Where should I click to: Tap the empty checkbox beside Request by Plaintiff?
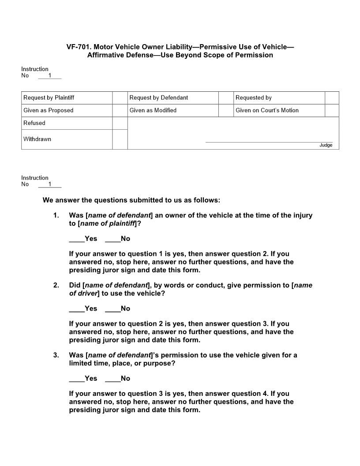click(120, 98)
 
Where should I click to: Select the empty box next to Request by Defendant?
click(226, 98)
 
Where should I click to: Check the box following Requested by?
click(332, 98)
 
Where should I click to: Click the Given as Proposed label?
click(49, 110)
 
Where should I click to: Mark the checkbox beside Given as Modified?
click(226, 110)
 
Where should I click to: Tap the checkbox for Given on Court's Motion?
click(332, 110)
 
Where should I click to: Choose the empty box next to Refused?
click(120, 123)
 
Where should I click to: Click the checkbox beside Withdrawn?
click(120, 139)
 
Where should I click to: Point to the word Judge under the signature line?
click(326, 145)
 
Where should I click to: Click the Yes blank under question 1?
click(76, 239)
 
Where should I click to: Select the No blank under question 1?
click(112, 239)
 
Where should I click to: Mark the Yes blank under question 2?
click(76, 309)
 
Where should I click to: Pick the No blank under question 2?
click(112, 309)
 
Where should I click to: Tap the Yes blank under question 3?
click(76, 379)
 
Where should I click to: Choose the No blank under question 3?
click(112, 379)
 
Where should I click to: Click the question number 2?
click(56, 286)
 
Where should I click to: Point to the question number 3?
click(56, 355)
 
